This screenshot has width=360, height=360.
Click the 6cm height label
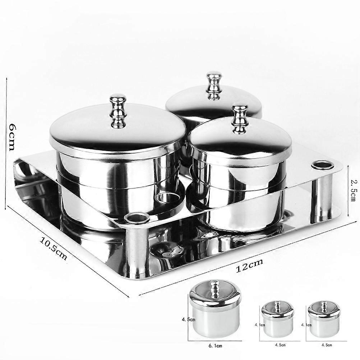coord(11,137)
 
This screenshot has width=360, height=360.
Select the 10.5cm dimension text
coord(54,249)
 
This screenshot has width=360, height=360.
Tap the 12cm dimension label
coord(249,266)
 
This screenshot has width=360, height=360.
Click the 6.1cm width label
coord(215,346)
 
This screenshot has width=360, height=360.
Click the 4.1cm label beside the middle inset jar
coord(260,325)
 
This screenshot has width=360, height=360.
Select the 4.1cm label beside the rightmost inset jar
coord(306,325)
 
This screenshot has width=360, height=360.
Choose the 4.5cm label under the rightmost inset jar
coord(327,345)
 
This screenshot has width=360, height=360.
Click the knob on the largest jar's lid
coord(118,111)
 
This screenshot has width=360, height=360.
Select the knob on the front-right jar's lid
coord(240,119)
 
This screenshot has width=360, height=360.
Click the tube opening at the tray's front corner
coord(137,217)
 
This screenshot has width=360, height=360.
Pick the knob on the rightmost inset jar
coord(324,306)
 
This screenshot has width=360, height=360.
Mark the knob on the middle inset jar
coord(278,306)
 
